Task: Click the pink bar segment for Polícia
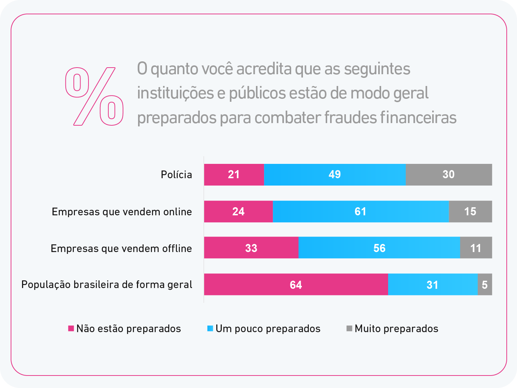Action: (234, 175)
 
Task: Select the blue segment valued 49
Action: (335, 175)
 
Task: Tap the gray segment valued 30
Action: (449, 175)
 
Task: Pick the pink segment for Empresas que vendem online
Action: (238, 212)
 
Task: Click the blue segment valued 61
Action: (361, 212)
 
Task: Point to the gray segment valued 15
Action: (470, 212)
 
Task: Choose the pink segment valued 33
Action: (251, 248)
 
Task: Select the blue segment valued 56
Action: (379, 248)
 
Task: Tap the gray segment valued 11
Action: (476, 248)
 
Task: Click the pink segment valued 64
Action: (296, 285)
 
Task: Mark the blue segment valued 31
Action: (433, 285)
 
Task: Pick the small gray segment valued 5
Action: (485, 285)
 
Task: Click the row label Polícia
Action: (176, 175)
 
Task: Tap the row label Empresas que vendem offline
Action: (121, 248)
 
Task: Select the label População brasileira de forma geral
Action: (106, 285)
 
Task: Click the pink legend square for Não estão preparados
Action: (71, 328)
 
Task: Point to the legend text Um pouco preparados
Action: (268, 328)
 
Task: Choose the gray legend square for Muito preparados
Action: (349, 328)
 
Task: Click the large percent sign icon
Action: (94, 96)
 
